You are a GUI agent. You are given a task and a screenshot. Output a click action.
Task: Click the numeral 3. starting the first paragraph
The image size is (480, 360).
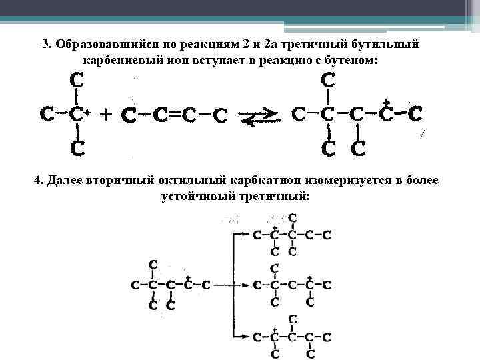(x=47, y=45)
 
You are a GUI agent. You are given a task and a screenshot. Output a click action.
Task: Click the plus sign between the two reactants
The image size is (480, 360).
(x=105, y=114)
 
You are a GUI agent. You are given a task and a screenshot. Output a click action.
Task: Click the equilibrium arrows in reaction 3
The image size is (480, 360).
(x=259, y=117)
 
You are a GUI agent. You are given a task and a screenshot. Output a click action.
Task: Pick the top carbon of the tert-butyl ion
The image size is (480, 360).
(x=77, y=81)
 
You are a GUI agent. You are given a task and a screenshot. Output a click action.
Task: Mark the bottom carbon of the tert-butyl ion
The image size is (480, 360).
(x=77, y=148)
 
